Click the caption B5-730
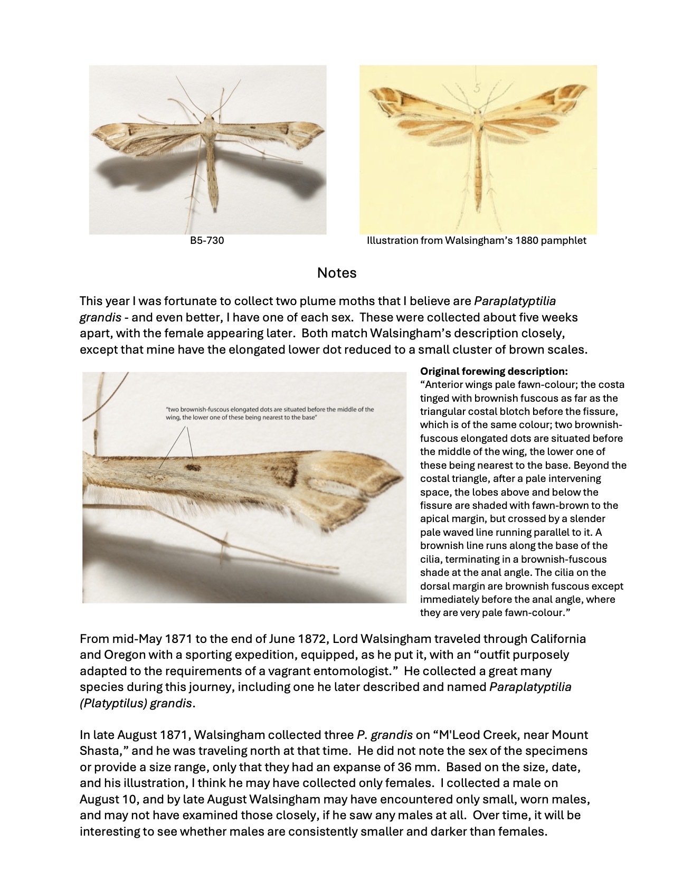pyautogui.click(x=207, y=241)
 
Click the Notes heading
pyautogui.click(x=336, y=273)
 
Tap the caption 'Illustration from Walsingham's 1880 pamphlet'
pyautogui.click(x=476, y=241)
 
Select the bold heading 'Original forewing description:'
pyautogui.click(x=494, y=371)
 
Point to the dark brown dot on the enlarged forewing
pyautogui.click(x=192, y=467)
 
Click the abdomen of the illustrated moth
pyautogui.click(x=478, y=169)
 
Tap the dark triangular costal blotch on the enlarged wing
pyautogui.click(x=285, y=465)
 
